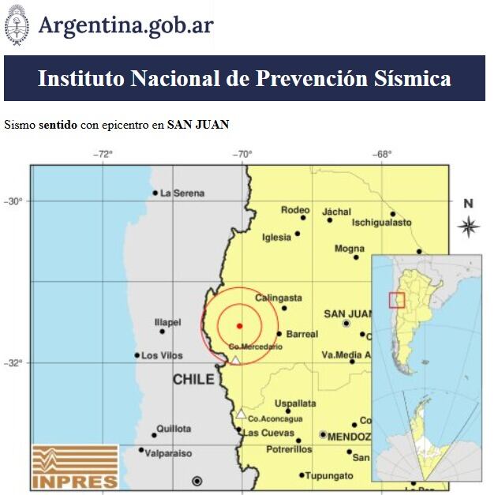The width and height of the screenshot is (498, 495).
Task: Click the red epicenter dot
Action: point(239,325)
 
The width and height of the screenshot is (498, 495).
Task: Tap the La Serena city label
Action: point(182,193)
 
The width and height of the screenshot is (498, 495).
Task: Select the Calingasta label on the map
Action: point(278,298)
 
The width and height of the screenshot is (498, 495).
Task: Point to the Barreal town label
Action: point(302,334)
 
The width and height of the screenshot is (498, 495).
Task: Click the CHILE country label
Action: point(193,380)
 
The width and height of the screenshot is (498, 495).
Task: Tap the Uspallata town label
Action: point(295,403)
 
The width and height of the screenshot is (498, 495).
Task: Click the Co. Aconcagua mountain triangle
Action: point(241,414)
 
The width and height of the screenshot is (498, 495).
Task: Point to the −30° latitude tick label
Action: point(15,201)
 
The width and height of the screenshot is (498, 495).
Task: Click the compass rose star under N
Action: point(468,227)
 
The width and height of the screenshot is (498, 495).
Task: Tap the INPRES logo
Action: point(75,467)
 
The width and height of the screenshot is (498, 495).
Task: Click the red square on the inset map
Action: point(397,300)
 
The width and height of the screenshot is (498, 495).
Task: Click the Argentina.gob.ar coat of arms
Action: point(17,25)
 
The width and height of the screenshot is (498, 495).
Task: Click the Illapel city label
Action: point(168,322)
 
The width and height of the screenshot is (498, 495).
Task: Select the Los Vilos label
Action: point(162,356)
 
